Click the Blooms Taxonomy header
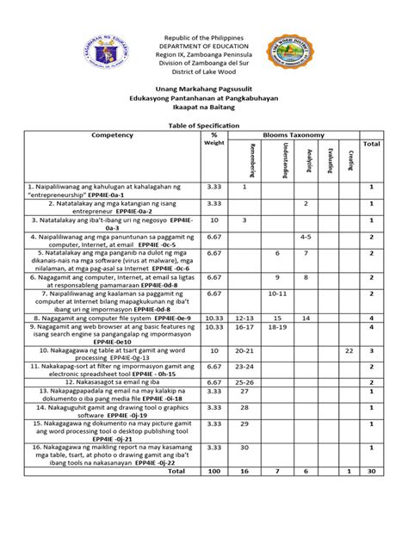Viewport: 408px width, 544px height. (x=298, y=135)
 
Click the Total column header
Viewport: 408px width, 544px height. (x=371, y=144)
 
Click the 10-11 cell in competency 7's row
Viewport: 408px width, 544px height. (x=277, y=294)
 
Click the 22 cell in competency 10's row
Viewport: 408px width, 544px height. (x=349, y=351)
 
